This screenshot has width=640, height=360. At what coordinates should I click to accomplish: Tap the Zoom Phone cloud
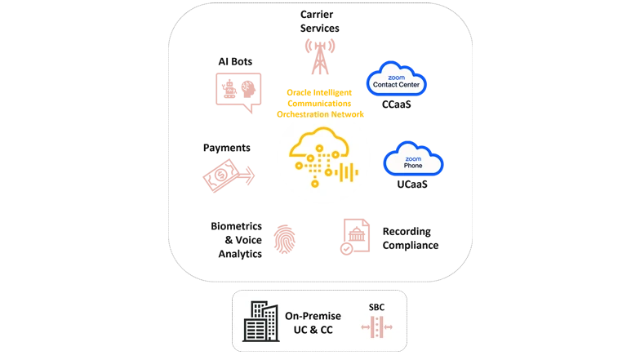click(413, 161)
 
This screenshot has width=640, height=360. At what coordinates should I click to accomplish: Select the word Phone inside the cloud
click(413, 166)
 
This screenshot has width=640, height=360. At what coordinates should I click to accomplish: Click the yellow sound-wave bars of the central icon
click(347, 173)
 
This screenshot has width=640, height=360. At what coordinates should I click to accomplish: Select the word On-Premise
click(313, 314)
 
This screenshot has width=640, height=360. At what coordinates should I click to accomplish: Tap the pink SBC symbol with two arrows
click(376, 327)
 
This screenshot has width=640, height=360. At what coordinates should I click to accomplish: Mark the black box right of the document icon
click(411, 237)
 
